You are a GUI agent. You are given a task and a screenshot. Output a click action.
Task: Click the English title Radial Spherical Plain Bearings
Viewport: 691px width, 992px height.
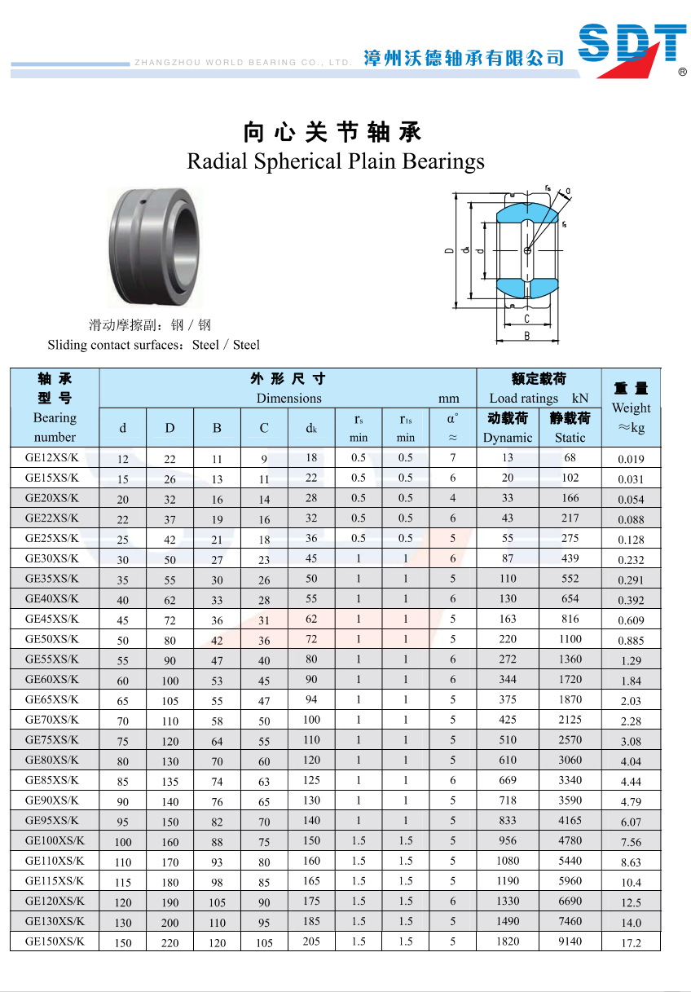[336, 161]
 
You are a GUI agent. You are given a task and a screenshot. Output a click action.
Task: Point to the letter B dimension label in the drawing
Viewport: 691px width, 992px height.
[527, 336]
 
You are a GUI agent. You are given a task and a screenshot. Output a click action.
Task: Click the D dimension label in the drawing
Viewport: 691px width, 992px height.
[449, 250]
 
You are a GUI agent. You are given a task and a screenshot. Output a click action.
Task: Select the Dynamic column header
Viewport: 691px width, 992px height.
[507, 437]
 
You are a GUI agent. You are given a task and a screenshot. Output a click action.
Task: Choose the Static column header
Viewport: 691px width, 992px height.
[570, 437]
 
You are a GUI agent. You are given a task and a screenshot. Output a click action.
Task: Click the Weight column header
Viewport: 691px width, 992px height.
[631, 408]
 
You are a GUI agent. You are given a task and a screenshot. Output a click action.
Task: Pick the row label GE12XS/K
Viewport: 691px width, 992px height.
[52, 457]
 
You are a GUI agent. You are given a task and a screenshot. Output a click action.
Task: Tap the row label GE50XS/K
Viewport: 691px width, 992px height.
[52, 639]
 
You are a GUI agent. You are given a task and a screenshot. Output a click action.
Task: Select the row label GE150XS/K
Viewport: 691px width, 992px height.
[55, 941]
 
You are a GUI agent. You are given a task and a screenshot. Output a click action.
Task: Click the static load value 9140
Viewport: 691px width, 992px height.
[570, 941]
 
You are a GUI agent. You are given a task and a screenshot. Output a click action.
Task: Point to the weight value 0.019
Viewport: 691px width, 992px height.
[631, 459]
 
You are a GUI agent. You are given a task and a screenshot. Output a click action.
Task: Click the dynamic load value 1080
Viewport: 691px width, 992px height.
[508, 861]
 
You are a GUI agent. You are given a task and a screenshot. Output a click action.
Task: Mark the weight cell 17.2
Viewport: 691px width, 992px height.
[631, 943]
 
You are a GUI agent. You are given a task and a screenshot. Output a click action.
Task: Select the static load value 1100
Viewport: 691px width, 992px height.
[570, 639]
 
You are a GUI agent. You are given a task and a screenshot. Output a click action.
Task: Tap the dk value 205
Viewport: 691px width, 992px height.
[311, 941]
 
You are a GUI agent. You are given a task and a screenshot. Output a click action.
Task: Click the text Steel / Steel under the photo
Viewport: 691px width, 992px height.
[226, 345]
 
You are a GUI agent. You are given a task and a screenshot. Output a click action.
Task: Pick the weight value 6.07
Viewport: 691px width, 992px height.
[631, 822]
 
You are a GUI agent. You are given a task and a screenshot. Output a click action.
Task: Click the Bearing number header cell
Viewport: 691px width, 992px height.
[55, 427]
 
